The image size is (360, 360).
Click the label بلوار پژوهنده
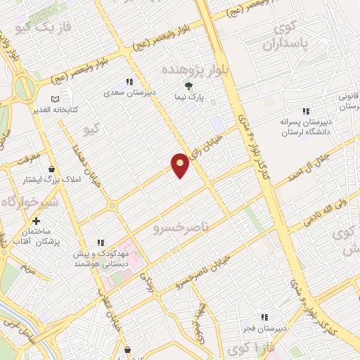point(188,71)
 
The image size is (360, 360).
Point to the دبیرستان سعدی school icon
point(128,81)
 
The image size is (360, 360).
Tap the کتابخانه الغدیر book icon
point(56,99)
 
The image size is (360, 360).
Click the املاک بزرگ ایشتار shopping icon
point(52,169)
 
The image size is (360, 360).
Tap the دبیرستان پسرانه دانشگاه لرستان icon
point(305,111)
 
